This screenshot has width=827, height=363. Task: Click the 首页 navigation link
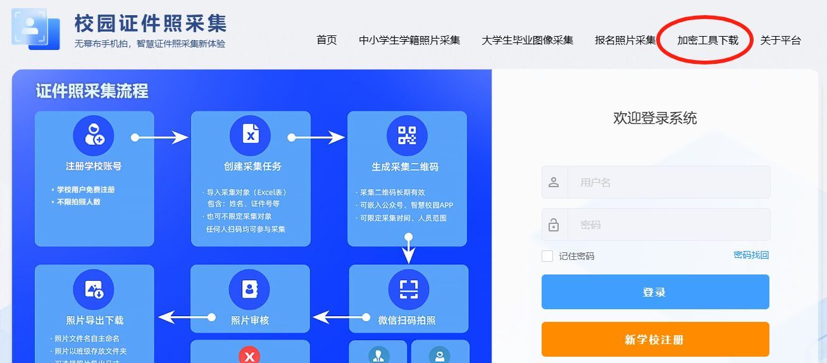point(326,40)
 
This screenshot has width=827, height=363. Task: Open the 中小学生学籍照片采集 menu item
point(409,40)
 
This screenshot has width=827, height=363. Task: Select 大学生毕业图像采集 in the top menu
point(527,40)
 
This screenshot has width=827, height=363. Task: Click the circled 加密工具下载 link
point(707,40)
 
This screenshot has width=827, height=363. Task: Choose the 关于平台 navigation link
point(780,40)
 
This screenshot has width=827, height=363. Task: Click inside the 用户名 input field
point(668,183)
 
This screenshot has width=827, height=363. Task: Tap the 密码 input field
point(668,225)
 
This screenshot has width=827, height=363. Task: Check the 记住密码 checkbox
point(547,256)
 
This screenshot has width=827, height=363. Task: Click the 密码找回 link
point(751,255)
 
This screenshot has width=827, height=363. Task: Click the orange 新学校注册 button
point(655,340)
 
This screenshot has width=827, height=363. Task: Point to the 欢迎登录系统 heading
point(655,118)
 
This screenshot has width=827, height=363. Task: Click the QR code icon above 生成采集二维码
point(407,135)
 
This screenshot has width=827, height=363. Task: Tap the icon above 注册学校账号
point(94,135)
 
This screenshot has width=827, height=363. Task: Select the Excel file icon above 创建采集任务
point(250,135)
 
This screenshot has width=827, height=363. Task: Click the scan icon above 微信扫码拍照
point(408,290)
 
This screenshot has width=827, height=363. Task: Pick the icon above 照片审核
point(249,290)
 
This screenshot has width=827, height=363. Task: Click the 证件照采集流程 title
point(92,91)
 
